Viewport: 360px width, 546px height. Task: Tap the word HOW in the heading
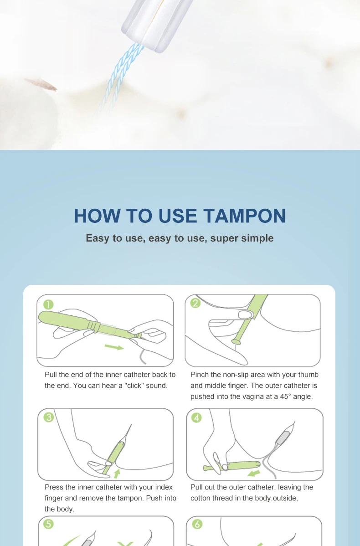[98, 216]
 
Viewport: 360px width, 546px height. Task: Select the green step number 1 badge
[48, 304]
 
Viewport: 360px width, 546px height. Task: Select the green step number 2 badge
[195, 303]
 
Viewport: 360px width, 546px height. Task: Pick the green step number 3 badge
[48, 417]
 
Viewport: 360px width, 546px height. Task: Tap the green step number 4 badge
[196, 417]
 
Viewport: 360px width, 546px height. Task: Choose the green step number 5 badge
[48, 524]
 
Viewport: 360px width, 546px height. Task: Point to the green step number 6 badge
[196, 524]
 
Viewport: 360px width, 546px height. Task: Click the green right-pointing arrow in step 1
[114, 347]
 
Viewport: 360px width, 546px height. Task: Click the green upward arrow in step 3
[117, 474]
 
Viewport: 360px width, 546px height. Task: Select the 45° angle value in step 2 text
[285, 397]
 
